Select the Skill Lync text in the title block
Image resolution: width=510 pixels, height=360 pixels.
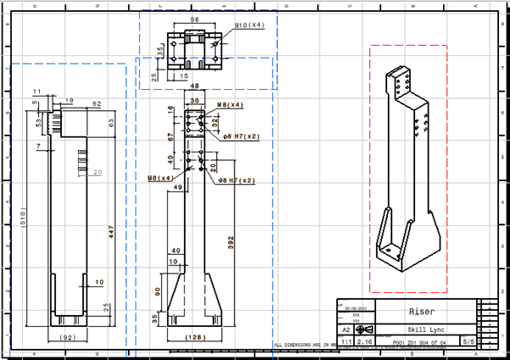tap(422, 329)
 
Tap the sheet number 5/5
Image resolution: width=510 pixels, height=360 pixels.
tap(468, 341)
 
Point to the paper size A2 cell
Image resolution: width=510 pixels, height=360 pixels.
tap(346, 330)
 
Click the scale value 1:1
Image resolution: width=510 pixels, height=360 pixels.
tap(346, 341)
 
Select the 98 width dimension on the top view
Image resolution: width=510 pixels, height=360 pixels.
tap(196, 19)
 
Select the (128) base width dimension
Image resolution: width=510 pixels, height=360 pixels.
tap(195, 338)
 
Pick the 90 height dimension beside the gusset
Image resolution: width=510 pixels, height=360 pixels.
tap(158, 292)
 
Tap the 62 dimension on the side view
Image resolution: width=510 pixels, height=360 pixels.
tap(97, 103)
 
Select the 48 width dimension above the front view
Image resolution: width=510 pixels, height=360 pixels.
tap(194, 86)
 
